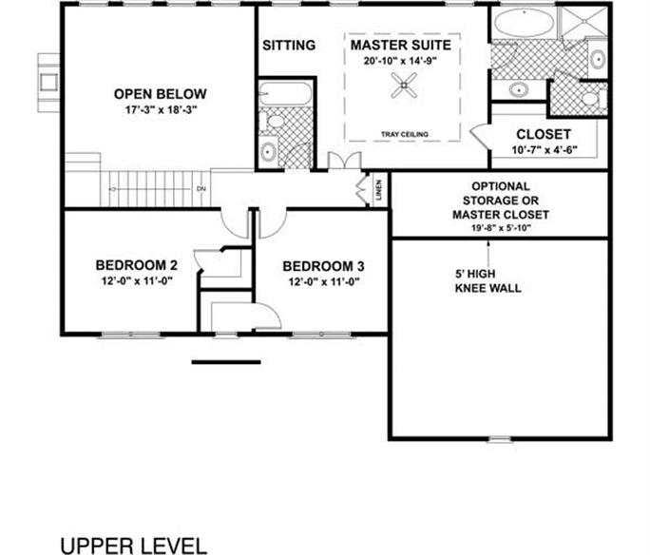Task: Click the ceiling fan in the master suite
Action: point(404,86)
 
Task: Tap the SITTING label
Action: point(289,45)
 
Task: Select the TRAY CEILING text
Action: point(405,134)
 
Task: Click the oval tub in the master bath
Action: point(524,23)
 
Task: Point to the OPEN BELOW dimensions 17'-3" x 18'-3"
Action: point(161,110)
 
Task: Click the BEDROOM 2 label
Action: point(137,265)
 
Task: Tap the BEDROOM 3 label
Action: point(324,266)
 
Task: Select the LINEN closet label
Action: point(378,190)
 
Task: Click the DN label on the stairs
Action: point(201,189)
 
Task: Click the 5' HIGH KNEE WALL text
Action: point(487,281)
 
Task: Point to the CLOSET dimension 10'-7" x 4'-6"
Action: point(545,149)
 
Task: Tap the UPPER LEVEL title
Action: point(133,545)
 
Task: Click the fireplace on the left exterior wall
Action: point(48,83)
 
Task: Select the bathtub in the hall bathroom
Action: point(284,93)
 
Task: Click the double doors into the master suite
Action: point(345,160)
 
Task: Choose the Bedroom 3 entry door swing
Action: point(273,223)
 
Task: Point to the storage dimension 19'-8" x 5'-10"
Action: point(501,227)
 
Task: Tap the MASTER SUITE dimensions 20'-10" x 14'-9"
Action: point(401,61)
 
